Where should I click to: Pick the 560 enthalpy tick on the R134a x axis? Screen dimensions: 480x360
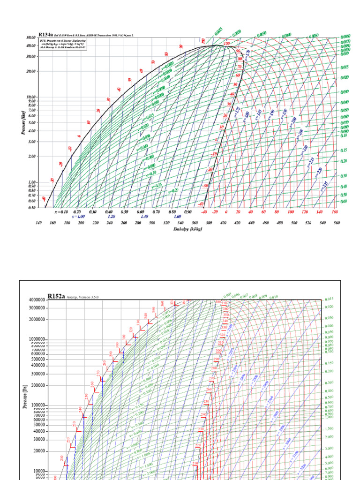pos(336,223)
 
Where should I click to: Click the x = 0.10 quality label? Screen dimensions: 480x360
pos(61,211)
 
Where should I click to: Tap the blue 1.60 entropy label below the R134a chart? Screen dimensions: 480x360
pos(177,217)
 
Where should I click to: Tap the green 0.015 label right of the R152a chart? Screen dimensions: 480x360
pos(329,299)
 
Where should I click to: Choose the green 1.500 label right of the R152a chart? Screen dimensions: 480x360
pos(329,428)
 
